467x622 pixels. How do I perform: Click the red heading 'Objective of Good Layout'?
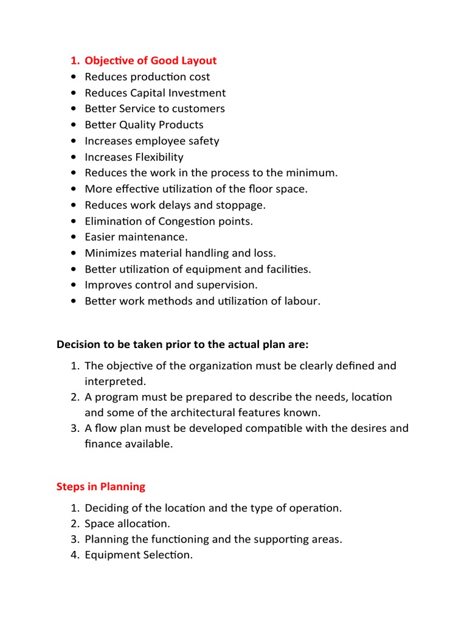[x=150, y=61]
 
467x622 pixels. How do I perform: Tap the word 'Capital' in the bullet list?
[x=151, y=93]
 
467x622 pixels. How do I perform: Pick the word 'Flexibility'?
[x=159, y=157]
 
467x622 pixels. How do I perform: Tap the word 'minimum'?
[x=310, y=173]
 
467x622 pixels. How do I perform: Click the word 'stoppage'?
[x=242, y=205]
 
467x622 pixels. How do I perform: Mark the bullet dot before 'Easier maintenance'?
[x=74, y=238]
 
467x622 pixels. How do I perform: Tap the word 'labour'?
[x=301, y=301]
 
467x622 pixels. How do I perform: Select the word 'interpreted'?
[x=116, y=381]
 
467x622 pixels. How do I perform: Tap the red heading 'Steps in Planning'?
[x=101, y=487]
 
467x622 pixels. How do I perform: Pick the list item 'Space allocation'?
[x=127, y=523]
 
